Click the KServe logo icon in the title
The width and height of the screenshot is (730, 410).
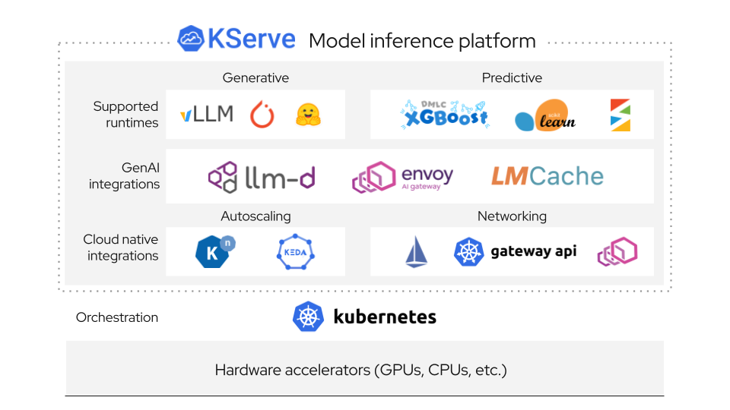point(191,39)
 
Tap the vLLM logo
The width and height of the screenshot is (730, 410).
point(206,115)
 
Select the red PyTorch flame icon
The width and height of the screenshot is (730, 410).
point(262,115)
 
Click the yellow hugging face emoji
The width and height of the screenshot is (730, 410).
point(308,115)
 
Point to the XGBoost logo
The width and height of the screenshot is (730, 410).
point(444,115)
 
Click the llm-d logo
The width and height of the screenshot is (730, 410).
point(262,177)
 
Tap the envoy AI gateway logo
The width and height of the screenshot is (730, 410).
point(402,178)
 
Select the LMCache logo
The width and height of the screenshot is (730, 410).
point(547,177)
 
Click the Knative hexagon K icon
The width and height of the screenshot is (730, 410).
point(214,252)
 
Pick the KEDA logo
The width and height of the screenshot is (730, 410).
point(295,252)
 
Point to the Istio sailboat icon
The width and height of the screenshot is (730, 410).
point(415,252)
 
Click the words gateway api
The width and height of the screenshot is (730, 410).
point(533,251)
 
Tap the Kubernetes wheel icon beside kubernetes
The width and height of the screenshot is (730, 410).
point(308,317)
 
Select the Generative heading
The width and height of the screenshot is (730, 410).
point(255,77)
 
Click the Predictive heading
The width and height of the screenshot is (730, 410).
point(512,77)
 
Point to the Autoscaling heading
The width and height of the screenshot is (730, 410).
point(255,216)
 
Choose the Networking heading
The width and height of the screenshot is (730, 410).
point(512,216)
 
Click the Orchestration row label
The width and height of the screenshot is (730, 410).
point(117,317)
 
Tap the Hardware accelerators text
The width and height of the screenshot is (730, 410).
point(360,371)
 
